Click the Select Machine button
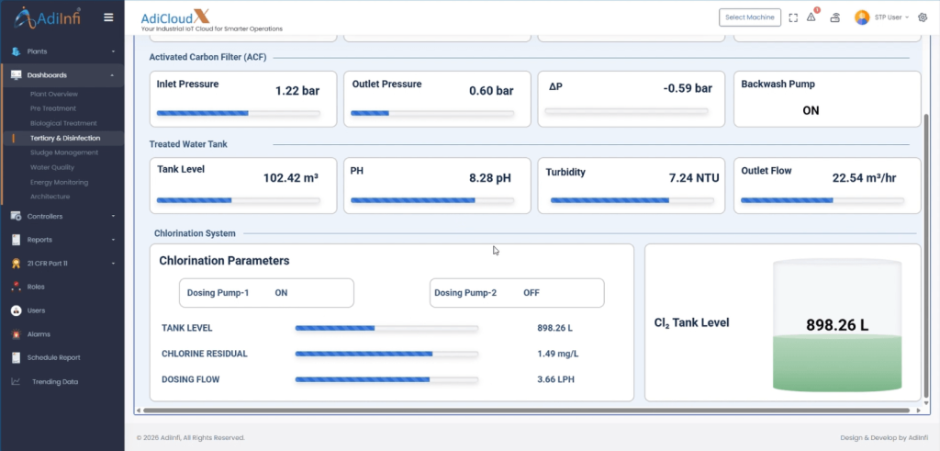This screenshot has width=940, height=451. pyautogui.click(x=750, y=17)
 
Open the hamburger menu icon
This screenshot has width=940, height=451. pyautogui.click(x=108, y=17)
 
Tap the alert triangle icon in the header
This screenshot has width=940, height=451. pyautogui.click(x=811, y=17)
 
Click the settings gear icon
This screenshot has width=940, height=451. pyautogui.click(x=923, y=17)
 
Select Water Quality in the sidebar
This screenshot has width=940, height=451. pyautogui.click(x=52, y=167)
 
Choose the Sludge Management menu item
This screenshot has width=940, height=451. pyautogui.click(x=63, y=152)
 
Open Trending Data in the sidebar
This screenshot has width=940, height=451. pyautogui.click(x=55, y=381)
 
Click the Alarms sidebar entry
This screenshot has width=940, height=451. pyautogui.click(x=39, y=334)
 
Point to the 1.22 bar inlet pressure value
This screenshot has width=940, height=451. pyautogui.click(x=297, y=91)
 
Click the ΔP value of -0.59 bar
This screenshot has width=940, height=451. pyautogui.click(x=688, y=89)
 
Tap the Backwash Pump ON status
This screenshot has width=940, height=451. pyautogui.click(x=811, y=110)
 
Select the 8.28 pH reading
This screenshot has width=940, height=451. pyautogui.click(x=490, y=178)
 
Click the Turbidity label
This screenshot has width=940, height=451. pyautogui.click(x=565, y=172)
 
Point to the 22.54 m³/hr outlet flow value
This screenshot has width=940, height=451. pyautogui.click(x=865, y=178)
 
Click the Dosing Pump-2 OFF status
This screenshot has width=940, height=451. pyautogui.click(x=532, y=293)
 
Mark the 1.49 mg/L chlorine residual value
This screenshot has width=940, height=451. pyautogui.click(x=557, y=354)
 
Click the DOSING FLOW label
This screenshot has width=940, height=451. pyautogui.click(x=191, y=379)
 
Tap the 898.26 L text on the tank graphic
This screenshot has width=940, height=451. pyautogui.click(x=837, y=325)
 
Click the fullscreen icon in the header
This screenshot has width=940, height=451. pyautogui.click(x=793, y=18)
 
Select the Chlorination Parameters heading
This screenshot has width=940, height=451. pyautogui.click(x=224, y=261)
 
